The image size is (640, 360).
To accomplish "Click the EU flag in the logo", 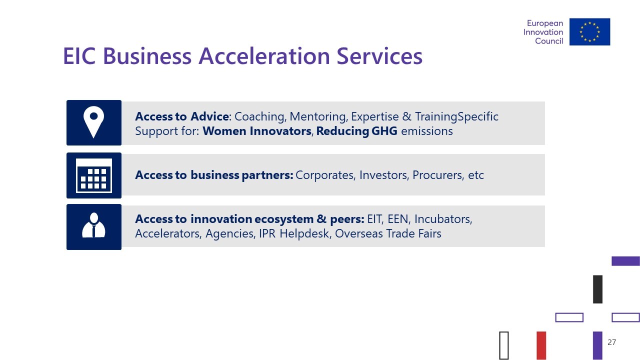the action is click(x=589, y=31).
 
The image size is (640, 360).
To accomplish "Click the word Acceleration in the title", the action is click(x=264, y=56).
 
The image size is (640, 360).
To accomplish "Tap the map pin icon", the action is click(x=93, y=122).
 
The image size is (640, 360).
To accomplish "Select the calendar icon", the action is click(x=93, y=175).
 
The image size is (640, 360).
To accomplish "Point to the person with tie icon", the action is click(x=93, y=225).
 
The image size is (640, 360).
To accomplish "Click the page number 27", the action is click(x=611, y=342).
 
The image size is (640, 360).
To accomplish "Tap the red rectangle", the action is click(x=541, y=345).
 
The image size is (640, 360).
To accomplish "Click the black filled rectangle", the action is click(x=597, y=289).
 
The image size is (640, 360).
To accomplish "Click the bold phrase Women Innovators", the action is click(x=257, y=131).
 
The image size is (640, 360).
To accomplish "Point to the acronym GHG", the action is click(x=384, y=131).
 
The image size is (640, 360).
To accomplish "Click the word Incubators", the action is click(x=443, y=219).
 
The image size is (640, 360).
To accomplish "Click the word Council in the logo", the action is click(x=549, y=41).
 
